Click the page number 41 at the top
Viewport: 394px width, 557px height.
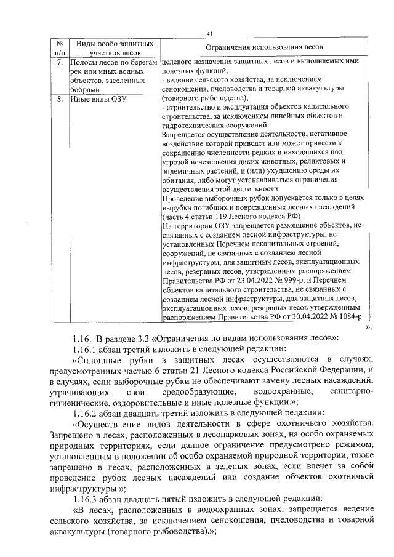pos(210,33)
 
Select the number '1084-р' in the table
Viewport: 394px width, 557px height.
pos(345,318)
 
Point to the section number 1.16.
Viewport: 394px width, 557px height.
pos(82,337)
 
